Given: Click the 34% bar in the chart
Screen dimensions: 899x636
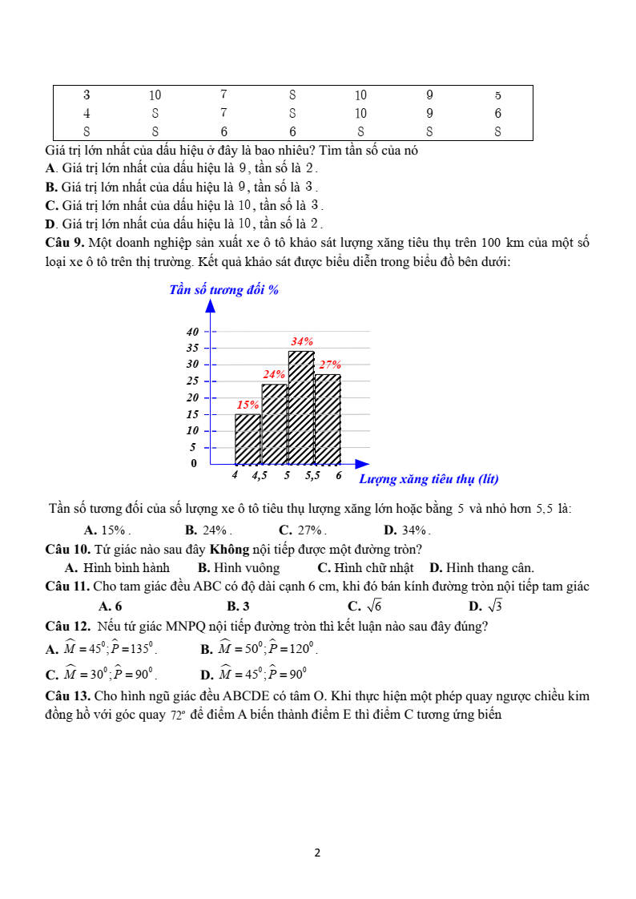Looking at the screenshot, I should click(x=301, y=407).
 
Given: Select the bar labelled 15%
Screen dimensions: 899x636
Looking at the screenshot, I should click(x=248, y=439).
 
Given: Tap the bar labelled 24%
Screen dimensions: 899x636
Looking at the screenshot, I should click(x=274, y=424).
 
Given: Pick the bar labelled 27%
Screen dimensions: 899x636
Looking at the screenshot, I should click(x=328, y=419).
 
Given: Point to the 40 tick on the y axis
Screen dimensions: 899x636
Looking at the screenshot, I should click(x=192, y=332).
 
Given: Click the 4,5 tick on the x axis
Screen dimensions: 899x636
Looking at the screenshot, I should click(x=260, y=475).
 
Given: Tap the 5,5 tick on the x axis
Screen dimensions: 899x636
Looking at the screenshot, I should click(x=312, y=475).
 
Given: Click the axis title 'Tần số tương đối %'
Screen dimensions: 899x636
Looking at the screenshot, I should click(x=223, y=290).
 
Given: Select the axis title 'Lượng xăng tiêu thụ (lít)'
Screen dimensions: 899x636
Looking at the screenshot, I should click(x=429, y=479).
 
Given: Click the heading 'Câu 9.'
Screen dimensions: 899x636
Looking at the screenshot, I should click(x=65, y=243).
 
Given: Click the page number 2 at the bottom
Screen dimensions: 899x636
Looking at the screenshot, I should click(x=317, y=853).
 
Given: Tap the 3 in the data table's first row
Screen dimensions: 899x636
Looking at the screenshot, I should click(x=87, y=95).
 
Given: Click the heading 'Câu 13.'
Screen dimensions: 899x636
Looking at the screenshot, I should click(x=68, y=695).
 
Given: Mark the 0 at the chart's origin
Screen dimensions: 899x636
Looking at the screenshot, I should click(x=193, y=463).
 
